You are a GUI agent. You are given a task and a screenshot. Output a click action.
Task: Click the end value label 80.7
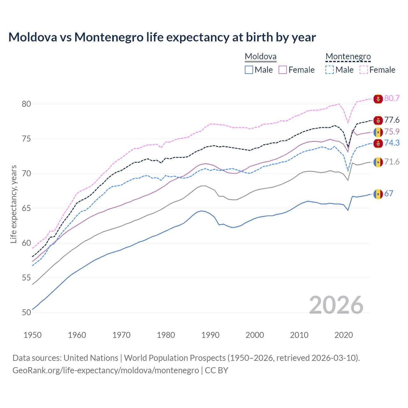tap(392, 98)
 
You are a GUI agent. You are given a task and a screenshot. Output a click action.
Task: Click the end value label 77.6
tap(392, 120)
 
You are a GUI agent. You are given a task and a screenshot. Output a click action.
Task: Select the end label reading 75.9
tap(392, 132)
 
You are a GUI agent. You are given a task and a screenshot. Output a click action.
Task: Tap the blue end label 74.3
tap(392, 143)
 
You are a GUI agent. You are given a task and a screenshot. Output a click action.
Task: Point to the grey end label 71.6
tap(392, 162)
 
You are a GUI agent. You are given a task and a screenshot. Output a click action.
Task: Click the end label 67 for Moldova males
tap(389, 194)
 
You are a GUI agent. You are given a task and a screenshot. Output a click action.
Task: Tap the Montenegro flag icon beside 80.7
tap(378, 99)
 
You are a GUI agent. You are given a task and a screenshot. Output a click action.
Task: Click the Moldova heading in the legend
tap(260, 57)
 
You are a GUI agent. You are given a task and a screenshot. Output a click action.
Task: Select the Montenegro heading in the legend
tap(348, 57)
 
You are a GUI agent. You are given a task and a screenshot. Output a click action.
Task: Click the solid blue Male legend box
tap(249, 70)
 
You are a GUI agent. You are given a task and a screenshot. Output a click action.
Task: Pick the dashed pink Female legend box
tap(364, 70)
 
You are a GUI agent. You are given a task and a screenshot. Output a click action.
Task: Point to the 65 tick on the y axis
tap(26, 208)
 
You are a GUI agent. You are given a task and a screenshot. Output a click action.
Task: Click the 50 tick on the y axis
tap(26, 313)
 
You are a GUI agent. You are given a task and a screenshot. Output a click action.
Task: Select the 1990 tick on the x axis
tap(210, 335)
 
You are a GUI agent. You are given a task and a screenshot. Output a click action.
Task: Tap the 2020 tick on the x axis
tap(344, 335)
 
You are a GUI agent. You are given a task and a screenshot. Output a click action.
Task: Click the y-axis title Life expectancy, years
tap(13, 204)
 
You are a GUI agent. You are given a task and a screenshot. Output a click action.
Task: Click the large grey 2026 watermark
tap(336, 305)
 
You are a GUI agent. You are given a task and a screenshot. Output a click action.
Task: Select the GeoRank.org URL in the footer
tap(106, 370)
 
